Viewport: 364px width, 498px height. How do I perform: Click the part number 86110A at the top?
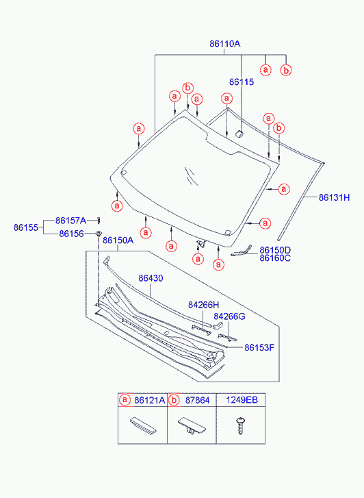click(x=224, y=44)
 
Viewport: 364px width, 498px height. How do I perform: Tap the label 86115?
click(x=242, y=82)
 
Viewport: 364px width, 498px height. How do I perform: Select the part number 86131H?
click(x=334, y=197)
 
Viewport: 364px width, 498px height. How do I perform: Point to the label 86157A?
click(x=70, y=221)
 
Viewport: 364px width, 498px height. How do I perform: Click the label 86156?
click(x=71, y=234)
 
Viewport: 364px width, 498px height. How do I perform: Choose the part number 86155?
click(x=26, y=227)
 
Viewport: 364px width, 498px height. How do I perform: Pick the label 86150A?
click(x=118, y=240)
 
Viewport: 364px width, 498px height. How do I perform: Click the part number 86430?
click(x=151, y=278)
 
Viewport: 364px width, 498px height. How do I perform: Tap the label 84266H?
click(x=203, y=305)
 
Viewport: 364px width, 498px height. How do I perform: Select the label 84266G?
click(x=229, y=316)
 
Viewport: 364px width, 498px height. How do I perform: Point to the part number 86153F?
click(x=259, y=347)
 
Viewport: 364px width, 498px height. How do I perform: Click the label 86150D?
click(x=275, y=250)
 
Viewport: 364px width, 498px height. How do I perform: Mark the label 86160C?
click(x=275, y=258)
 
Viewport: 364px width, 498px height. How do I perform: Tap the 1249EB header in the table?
click(x=242, y=400)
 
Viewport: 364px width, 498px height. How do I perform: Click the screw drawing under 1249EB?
click(x=241, y=425)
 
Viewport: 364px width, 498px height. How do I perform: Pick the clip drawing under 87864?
click(x=192, y=426)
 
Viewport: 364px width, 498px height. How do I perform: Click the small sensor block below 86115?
click(x=239, y=134)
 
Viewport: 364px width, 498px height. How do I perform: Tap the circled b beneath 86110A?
click(x=286, y=70)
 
